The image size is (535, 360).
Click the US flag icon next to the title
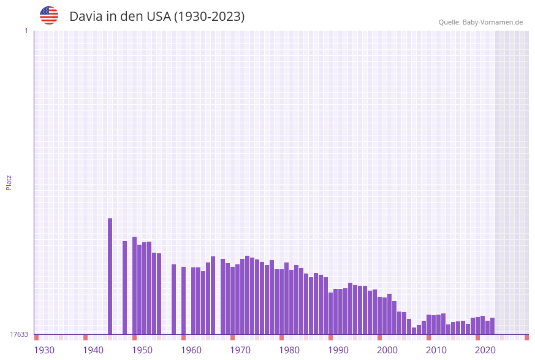[49, 15]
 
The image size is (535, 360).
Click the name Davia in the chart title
[86, 17]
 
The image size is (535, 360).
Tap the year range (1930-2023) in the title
[209, 17]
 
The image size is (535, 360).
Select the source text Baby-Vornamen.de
[493, 23]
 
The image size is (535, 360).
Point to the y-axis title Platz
[9, 182]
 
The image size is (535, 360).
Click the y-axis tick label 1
[26, 31]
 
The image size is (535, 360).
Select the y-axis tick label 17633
[19, 334]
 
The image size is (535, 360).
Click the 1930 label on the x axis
[44, 350]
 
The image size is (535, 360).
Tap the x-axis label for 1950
[142, 350]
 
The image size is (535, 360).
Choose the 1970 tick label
[240, 350]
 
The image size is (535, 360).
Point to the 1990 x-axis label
[338, 350]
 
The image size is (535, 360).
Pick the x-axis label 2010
[436, 350]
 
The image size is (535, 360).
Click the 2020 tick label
[485, 350]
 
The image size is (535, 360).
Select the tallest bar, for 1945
[110, 276]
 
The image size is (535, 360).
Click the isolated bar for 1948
[125, 288]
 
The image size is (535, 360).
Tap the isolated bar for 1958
[183, 301]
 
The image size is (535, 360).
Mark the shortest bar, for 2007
[414, 331]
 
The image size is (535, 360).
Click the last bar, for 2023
[493, 326]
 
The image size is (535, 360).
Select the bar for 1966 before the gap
[213, 295]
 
